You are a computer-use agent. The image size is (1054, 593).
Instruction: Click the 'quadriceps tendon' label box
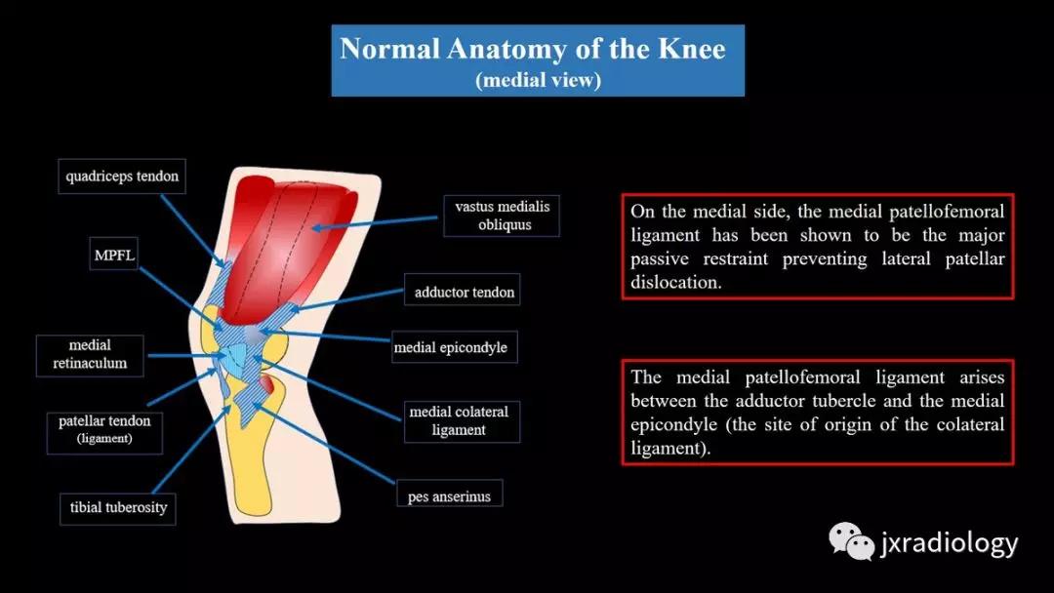[122, 176]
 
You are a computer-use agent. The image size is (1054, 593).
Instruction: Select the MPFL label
[113, 255]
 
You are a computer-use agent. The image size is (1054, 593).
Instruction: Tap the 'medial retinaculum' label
[90, 355]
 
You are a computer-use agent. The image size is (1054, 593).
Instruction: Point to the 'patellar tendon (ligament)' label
[104, 430]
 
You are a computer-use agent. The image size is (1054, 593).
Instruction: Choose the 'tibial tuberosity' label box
[118, 508]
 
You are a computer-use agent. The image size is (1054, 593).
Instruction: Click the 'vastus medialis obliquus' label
[502, 216]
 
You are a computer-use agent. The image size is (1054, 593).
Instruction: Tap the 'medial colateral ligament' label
[462, 421]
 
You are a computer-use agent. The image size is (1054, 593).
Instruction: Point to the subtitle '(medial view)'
[538, 80]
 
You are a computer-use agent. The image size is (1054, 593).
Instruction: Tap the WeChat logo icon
[851, 540]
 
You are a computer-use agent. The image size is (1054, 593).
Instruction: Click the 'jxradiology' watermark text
[950, 542]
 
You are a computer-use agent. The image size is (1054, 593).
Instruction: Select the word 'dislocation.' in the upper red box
[675, 282]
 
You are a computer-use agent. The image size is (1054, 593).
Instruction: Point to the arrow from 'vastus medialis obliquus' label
[374, 223]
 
